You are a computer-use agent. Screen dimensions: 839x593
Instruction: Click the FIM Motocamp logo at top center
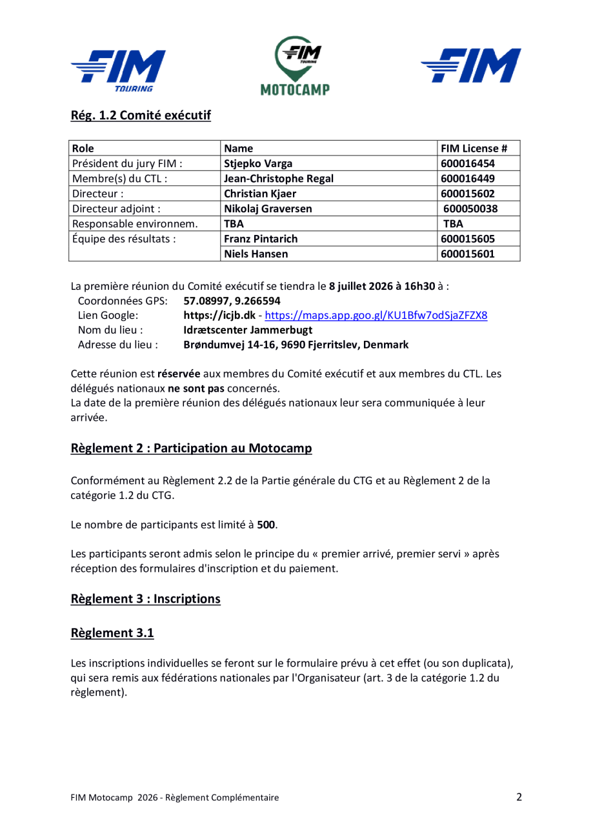pyautogui.click(x=296, y=66)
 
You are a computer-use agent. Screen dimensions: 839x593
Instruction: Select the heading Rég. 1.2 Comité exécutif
pyautogui.click(x=141, y=117)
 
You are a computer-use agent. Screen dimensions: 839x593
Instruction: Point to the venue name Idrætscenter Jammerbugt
pyautogui.click(x=248, y=330)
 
